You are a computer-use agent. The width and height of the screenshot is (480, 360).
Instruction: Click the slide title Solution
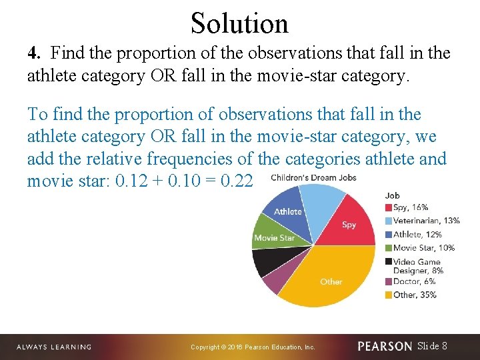(x=239, y=23)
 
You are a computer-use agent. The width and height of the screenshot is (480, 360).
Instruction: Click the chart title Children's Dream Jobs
(x=313, y=177)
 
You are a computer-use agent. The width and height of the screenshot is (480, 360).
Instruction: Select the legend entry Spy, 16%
(x=410, y=207)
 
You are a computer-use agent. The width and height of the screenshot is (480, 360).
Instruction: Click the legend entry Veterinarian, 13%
(x=425, y=221)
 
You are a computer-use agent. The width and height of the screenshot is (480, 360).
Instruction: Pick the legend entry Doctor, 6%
(x=413, y=282)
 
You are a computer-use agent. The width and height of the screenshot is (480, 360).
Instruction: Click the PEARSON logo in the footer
(x=385, y=347)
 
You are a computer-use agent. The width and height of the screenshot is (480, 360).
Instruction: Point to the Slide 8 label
(x=432, y=346)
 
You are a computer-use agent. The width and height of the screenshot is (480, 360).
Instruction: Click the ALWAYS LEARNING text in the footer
(x=53, y=347)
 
